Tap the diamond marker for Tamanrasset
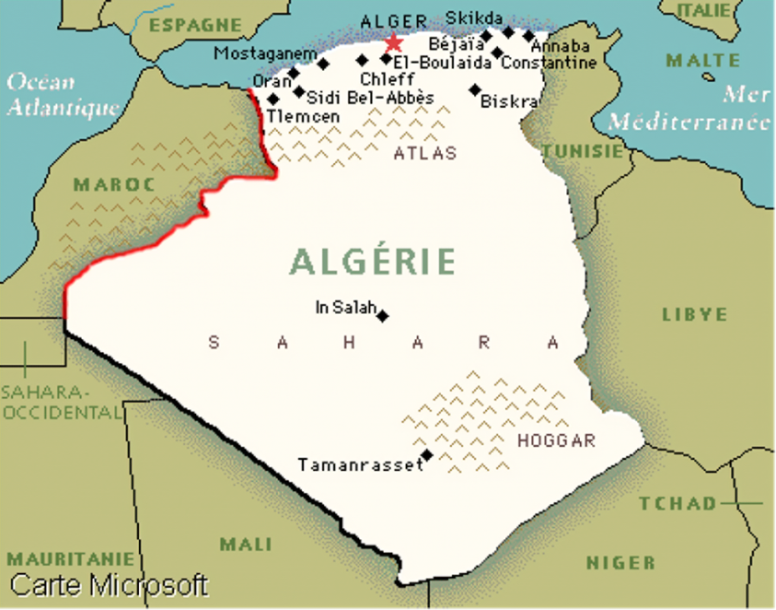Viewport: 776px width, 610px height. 427,455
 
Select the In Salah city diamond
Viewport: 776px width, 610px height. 383,316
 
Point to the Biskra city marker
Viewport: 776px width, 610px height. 475,89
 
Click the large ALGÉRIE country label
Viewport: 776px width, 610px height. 372,262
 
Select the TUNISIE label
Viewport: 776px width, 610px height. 583,151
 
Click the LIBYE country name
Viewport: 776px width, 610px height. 694,315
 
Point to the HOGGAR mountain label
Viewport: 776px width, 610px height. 555,441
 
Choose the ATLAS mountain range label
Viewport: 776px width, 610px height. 425,153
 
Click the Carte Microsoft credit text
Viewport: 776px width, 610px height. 109,585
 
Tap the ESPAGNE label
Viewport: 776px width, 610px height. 195,25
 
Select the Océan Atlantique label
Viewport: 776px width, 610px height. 61,95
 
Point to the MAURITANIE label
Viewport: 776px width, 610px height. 70,559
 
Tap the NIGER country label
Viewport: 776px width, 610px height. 620,563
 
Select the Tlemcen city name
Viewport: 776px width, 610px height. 303,117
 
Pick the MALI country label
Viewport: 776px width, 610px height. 246,544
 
